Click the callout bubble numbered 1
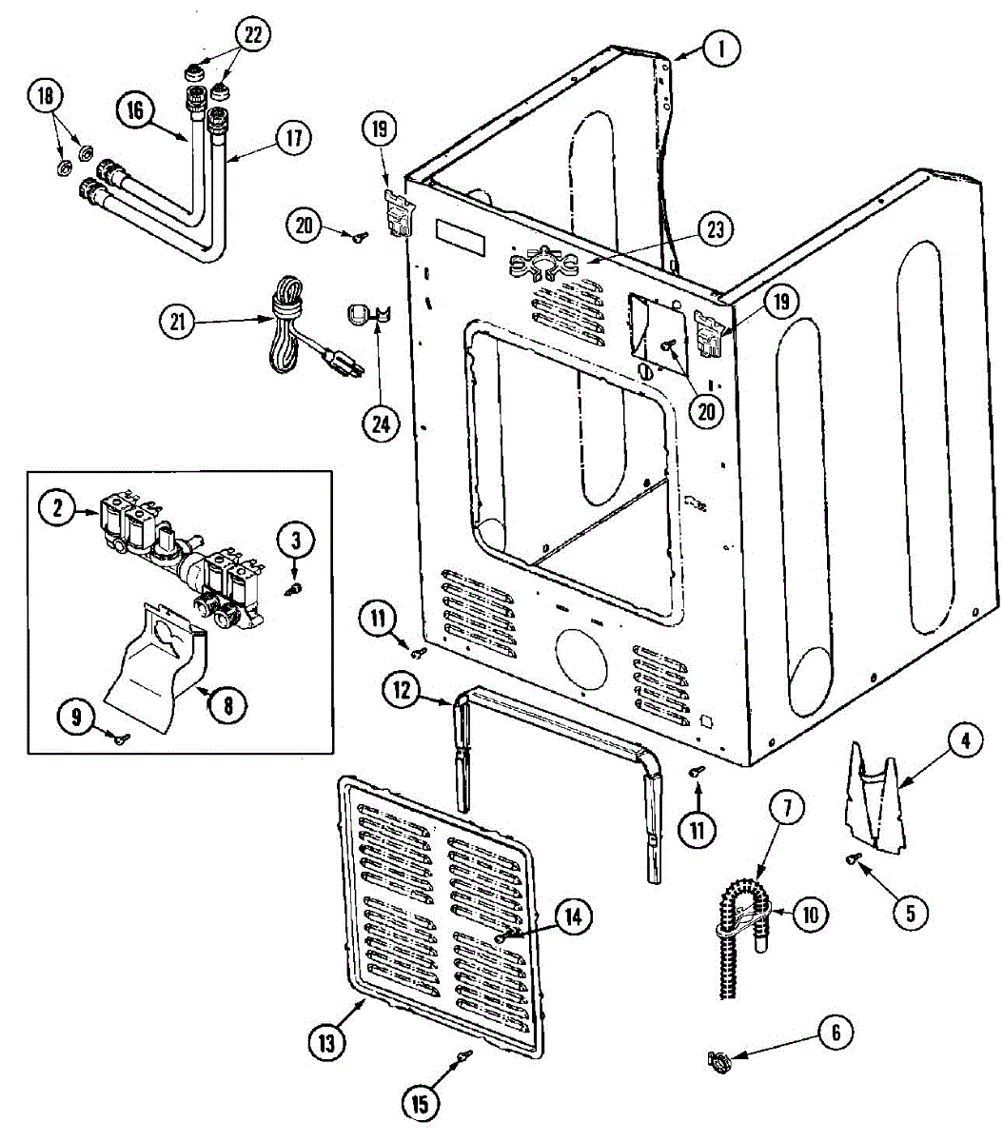coord(721,48)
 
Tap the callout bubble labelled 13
coord(326,1043)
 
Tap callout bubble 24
coord(381,424)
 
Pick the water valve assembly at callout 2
coord(181,561)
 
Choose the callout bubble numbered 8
coord(227,704)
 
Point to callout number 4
coord(964,740)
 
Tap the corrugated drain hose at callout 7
coord(737,937)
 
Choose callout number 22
coord(251,34)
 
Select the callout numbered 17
coord(292,138)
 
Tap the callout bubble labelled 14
coord(572,916)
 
